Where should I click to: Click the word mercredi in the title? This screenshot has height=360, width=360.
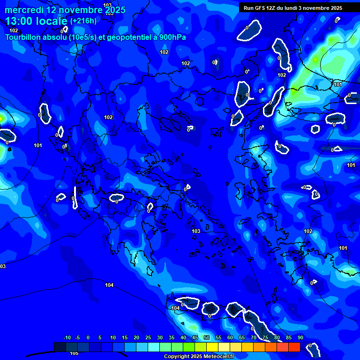point(24,10)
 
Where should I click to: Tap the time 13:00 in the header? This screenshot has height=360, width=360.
point(19,21)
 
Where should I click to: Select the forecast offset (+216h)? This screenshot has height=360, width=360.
point(83,21)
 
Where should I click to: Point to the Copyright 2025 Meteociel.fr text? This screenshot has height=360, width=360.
point(198,357)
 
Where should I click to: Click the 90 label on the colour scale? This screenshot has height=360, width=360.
point(300,337)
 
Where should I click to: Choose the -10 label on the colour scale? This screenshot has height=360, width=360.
point(67,337)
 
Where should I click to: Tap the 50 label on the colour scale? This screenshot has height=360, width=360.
point(207,337)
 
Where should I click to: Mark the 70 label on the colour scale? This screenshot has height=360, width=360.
point(254,337)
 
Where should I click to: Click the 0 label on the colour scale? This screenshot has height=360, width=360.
point(89,337)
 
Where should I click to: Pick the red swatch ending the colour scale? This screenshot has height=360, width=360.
point(294,347)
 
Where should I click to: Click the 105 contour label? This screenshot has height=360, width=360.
point(74,353)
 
